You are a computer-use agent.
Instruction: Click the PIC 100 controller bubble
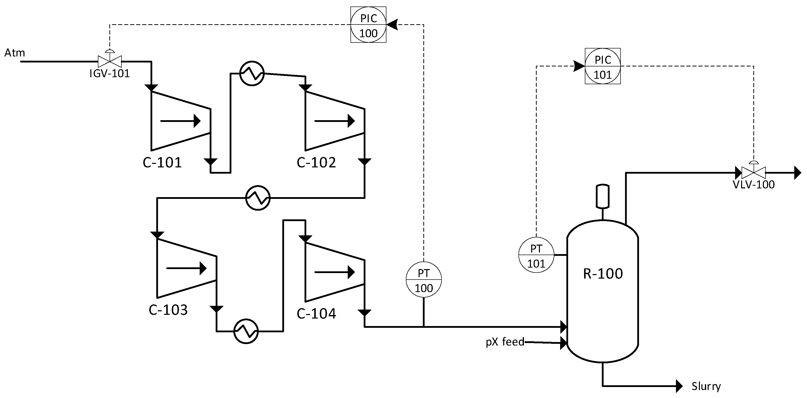368,25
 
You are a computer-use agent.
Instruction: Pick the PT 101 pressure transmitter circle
536,255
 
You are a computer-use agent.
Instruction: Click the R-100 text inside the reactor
603,274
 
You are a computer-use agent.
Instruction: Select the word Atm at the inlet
14,53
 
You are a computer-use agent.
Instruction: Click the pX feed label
505,342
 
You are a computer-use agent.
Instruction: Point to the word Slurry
706,386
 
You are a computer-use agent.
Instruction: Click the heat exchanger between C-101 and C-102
252,73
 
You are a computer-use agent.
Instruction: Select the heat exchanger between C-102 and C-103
258,198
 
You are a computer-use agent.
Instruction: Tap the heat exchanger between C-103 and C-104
246,331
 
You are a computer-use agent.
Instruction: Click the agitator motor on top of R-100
603,196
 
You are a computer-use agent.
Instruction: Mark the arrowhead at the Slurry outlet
679,386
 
